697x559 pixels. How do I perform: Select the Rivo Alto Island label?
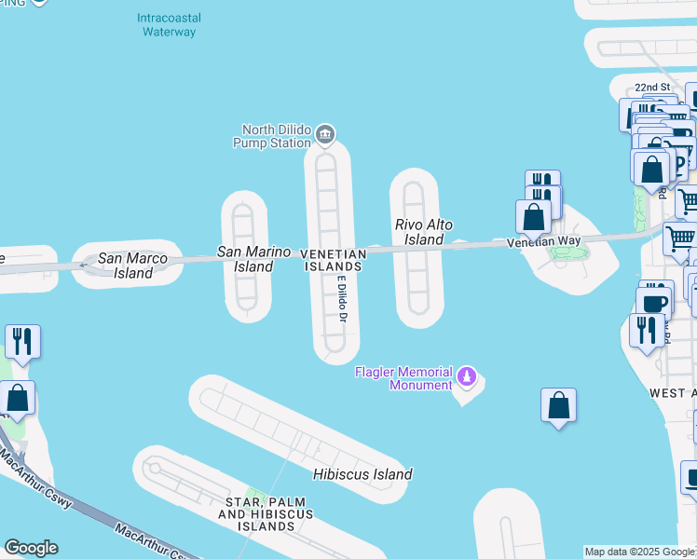419,232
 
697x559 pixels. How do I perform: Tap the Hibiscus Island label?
362,474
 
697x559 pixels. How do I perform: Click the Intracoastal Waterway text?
169,25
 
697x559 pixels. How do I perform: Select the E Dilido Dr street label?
342,299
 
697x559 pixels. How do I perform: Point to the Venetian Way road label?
543,242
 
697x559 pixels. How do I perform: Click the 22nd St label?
652,88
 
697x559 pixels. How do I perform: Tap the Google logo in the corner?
31,548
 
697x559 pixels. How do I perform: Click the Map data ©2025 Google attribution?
639,552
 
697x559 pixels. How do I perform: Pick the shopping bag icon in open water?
558,405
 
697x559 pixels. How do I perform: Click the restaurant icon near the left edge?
22,341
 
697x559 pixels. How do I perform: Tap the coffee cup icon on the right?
654,302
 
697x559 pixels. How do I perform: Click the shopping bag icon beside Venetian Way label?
534,216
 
